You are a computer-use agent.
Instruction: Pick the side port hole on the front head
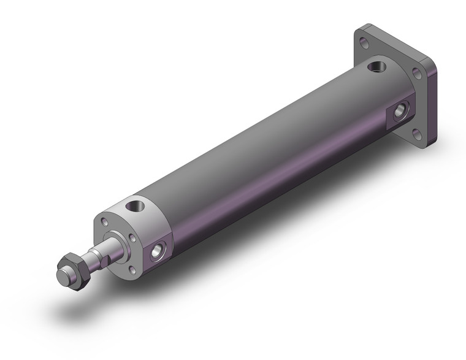[x=158, y=250]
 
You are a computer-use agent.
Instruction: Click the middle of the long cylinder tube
[x=264, y=159]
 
